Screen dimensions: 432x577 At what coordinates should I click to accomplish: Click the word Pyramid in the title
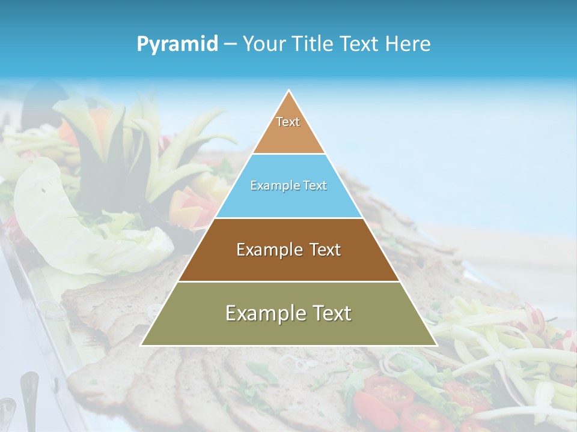point(177,44)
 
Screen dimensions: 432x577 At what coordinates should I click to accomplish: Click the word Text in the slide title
point(360,44)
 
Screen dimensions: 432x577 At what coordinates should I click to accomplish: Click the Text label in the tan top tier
point(288,122)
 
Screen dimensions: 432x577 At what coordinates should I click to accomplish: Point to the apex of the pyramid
point(289,91)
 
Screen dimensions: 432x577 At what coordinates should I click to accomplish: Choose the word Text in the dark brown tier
point(323,250)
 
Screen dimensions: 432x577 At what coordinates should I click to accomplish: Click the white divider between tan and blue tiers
point(288,154)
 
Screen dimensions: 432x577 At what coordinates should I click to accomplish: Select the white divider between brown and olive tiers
point(288,281)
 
